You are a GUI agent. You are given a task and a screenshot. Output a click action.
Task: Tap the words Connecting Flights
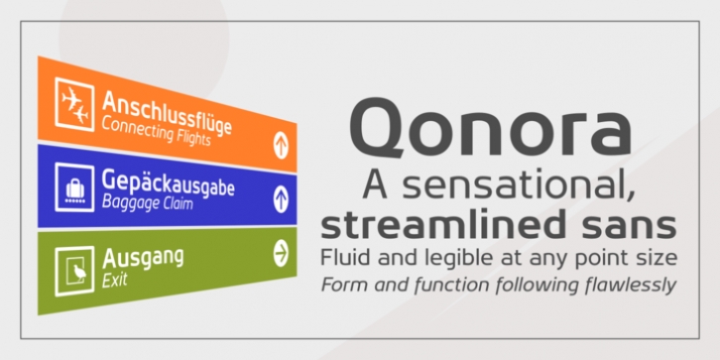click(x=156, y=129)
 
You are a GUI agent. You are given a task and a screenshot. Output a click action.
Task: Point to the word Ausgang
click(x=143, y=259)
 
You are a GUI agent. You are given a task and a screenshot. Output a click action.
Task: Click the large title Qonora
click(x=491, y=128)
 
